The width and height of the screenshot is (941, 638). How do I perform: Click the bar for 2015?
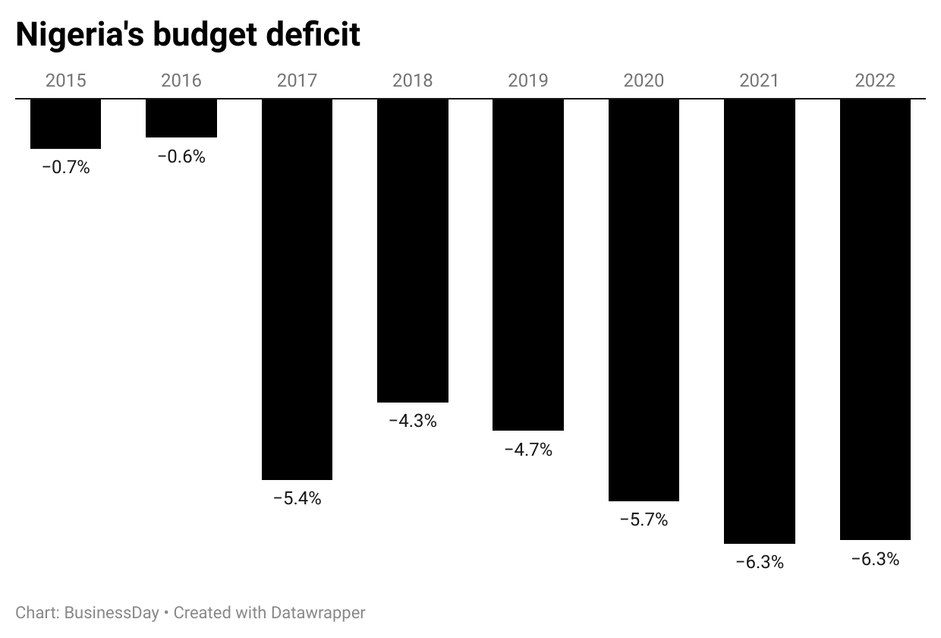click(x=65, y=124)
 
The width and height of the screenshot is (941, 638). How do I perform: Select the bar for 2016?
click(x=181, y=118)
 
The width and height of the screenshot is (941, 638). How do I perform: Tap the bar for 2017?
click(x=297, y=289)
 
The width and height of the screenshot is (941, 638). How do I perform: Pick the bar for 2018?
click(x=413, y=251)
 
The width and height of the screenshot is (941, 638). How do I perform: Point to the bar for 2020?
click(x=644, y=300)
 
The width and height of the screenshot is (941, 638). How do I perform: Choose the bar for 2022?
click(x=875, y=320)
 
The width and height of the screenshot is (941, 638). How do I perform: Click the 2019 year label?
click(x=528, y=81)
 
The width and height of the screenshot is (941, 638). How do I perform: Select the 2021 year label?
click(x=760, y=81)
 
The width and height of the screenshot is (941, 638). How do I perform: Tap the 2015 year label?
click(x=65, y=81)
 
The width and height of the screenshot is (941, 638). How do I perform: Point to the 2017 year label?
click(x=297, y=81)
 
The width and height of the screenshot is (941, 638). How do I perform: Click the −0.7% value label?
click(x=65, y=168)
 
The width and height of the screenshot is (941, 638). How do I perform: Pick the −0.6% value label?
click(x=181, y=157)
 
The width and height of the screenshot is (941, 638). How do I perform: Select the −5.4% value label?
click(x=297, y=499)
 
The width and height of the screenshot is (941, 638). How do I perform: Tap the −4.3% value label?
click(x=413, y=422)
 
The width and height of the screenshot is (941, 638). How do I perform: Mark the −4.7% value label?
click(x=528, y=450)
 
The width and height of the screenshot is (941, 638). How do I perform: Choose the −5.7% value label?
click(x=644, y=520)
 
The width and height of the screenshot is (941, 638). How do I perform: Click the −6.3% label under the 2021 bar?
click(x=760, y=563)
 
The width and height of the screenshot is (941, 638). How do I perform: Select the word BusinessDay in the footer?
click(x=112, y=612)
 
